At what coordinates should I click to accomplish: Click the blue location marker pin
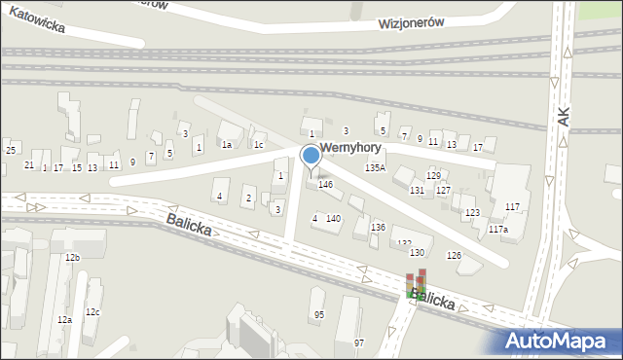pos(311,156)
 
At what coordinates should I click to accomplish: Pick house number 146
pos(326,184)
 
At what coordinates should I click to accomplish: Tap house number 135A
pos(375,168)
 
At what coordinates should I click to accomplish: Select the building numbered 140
pos(333,219)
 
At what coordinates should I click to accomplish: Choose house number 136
pos(378,227)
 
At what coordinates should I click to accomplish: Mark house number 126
pos(453,255)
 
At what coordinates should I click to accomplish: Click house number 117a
pos(498,229)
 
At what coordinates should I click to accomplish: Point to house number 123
pos(472,212)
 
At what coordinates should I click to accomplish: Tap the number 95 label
pos(318,314)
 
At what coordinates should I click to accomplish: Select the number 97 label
pos(358,342)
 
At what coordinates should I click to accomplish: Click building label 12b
pos(72,257)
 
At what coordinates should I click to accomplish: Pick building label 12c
pos(92,311)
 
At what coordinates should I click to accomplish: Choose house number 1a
pos(226,145)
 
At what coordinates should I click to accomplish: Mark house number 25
pos(11,150)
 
